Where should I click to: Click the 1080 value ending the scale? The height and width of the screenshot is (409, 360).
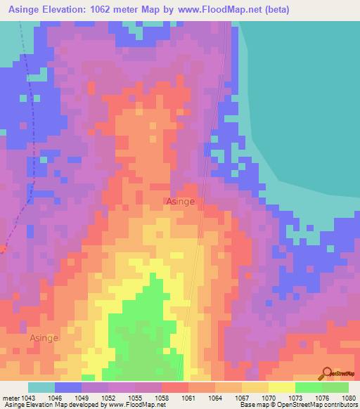coord(349,398)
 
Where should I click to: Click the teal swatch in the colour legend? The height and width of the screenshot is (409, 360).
coord(41,387)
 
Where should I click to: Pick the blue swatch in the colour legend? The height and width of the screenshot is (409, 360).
coord(68,387)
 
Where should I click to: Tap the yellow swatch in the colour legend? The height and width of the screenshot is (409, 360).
coord(282,387)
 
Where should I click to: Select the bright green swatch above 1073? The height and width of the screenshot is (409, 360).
coord(309,387)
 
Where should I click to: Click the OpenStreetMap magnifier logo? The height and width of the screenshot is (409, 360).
coord(327,373)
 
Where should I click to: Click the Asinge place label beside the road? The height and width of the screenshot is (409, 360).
coord(180,201)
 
